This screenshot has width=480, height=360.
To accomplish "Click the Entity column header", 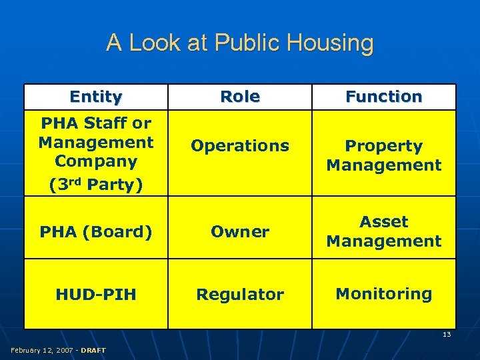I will pyautogui.click(x=95, y=97).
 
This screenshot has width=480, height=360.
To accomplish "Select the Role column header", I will pyautogui.click(x=240, y=97).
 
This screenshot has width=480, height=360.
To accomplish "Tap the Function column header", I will pyautogui.click(x=384, y=97).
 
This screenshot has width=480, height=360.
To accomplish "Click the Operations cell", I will pyautogui.click(x=240, y=145).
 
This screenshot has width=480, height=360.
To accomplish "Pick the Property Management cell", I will pyautogui.click(x=384, y=155).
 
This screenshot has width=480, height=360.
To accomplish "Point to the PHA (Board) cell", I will pyautogui.click(x=95, y=232).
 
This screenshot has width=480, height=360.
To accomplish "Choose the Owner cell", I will pyautogui.click(x=240, y=232).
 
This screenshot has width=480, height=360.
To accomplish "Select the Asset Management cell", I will pyautogui.click(x=384, y=231).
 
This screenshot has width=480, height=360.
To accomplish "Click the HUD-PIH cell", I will pyautogui.click(x=95, y=294).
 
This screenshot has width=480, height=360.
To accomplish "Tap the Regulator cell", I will pyautogui.click(x=240, y=294).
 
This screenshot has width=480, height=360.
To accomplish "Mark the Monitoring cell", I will pyautogui.click(x=384, y=293).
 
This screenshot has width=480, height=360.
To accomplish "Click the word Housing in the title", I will pyautogui.click(x=332, y=43).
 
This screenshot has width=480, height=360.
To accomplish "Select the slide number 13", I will pyautogui.click(x=447, y=335).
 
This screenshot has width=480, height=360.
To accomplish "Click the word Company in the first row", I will pyautogui.click(x=95, y=161).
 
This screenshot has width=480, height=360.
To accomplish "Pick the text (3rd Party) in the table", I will pyautogui.click(x=95, y=184).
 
